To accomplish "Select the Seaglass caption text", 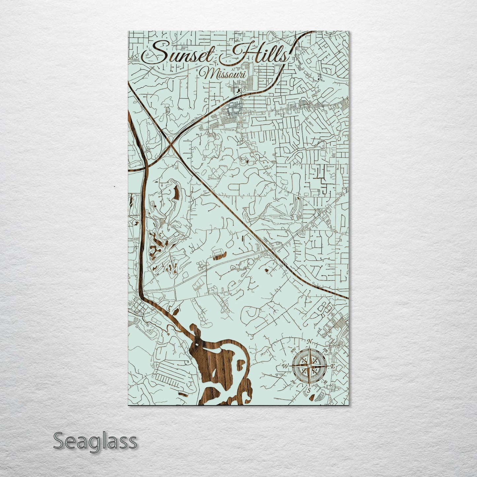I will pyautogui.click(x=95, y=441).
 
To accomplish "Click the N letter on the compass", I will pyautogui.click(x=309, y=342).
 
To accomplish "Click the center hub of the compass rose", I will pyautogui.click(x=309, y=366).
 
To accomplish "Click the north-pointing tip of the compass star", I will pyautogui.click(x=309, y=347).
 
